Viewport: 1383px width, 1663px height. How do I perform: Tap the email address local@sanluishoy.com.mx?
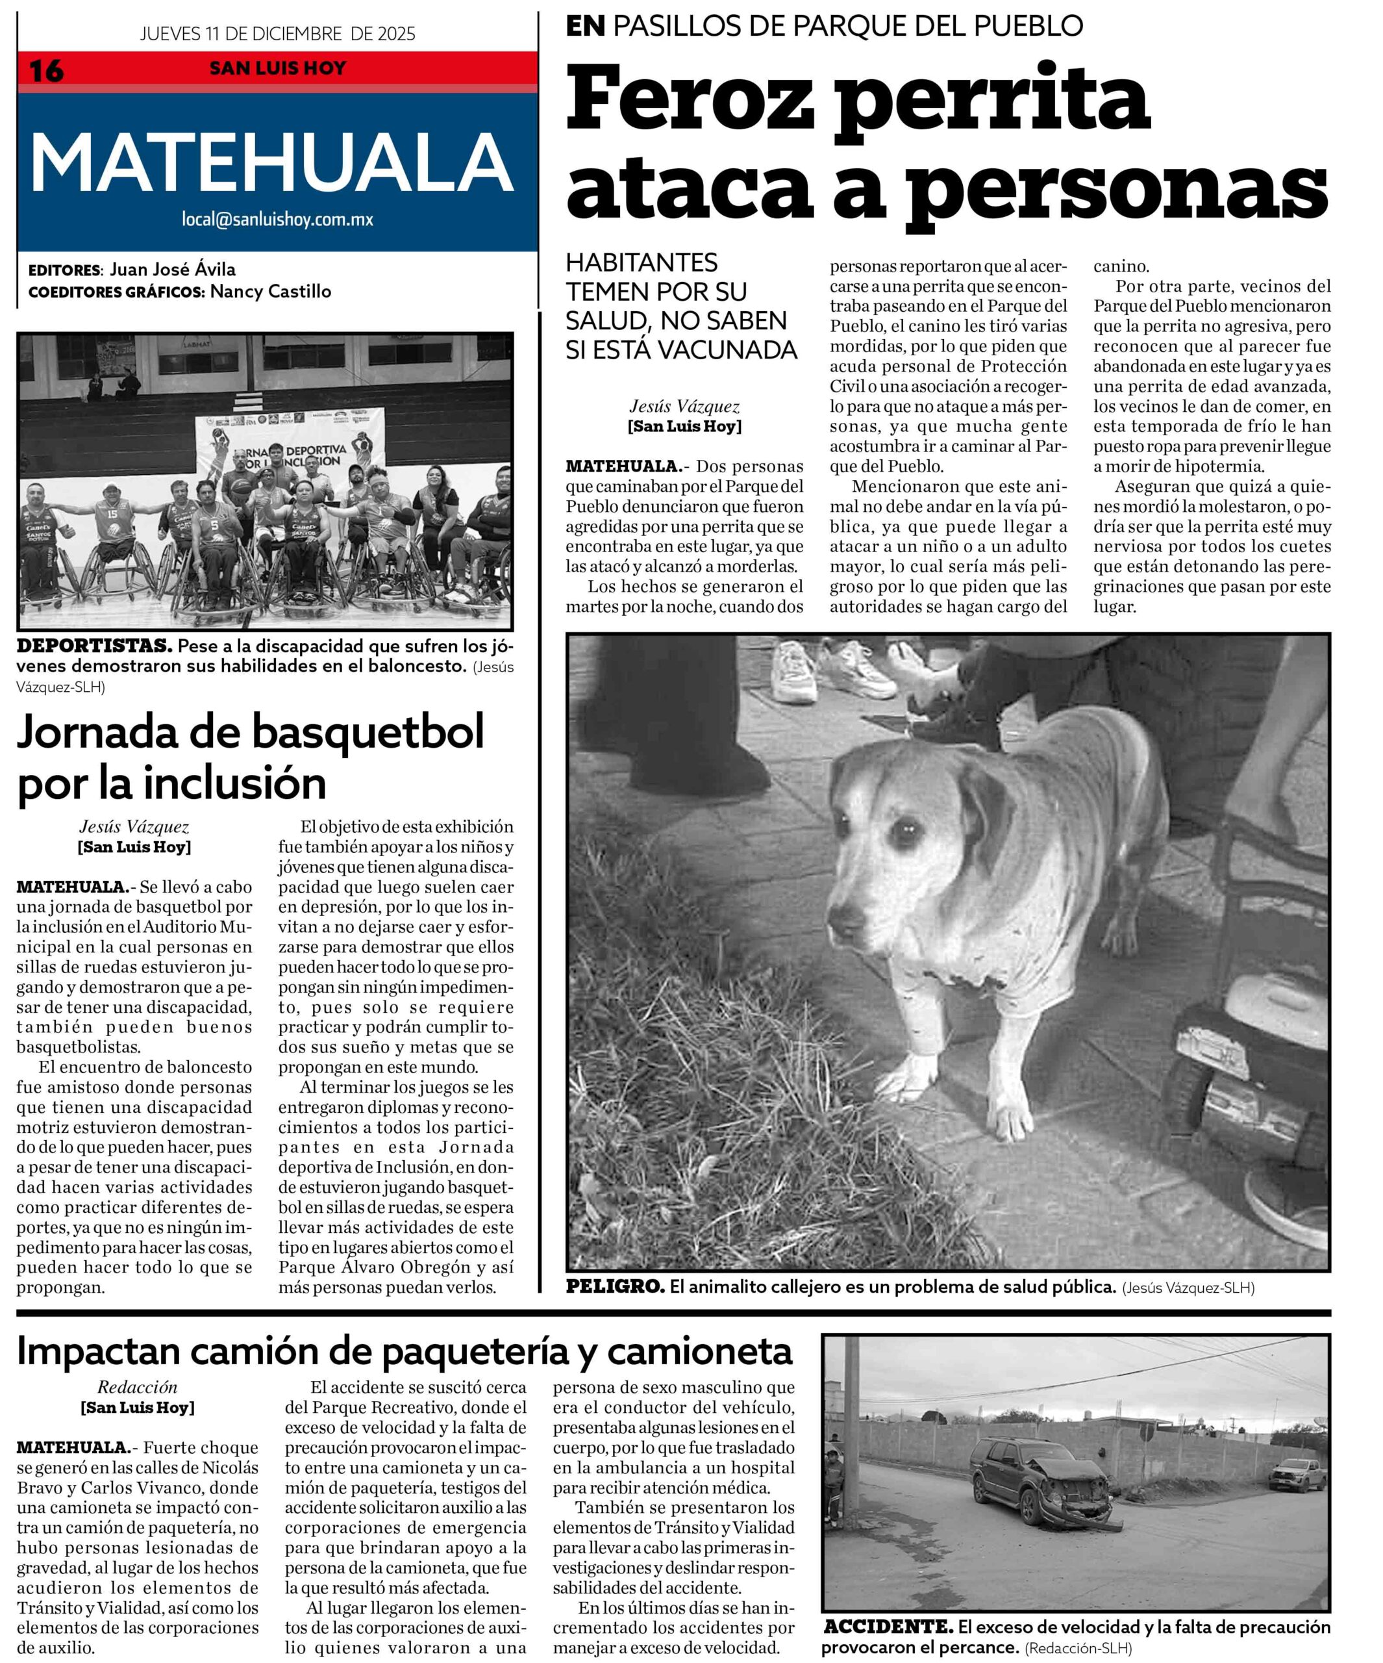click(x=277, y=220)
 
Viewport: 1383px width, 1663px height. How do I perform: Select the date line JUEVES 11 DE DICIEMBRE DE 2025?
click(x=277, y=34)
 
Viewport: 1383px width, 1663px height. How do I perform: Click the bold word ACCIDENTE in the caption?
click(x=888, y=1627)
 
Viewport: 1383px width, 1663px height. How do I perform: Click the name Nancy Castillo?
click(x=270, y=292)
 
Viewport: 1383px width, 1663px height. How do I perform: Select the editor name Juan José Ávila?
click(x=172, y=269)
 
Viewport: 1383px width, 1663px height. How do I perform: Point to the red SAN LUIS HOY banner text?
click(x=277, y=69)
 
